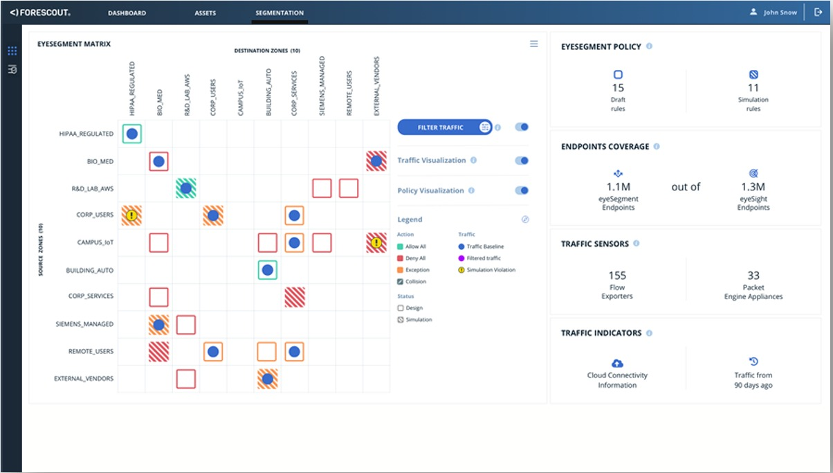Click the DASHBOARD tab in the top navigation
point(127,12)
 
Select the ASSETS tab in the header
point(205,12)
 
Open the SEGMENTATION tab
point(280,12)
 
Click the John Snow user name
point(780,12)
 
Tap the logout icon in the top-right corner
point(818,12)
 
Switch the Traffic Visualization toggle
point(522,161)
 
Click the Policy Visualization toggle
point(522,190)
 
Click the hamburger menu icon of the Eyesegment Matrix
point(533,44)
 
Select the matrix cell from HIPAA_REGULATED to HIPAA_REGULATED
point(131,134)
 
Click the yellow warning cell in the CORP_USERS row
point(131,216)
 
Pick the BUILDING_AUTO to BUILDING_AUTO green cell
point(267,270)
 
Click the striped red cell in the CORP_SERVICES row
point(295,297)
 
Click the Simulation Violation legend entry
point(491,270)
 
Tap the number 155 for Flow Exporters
point(617,276)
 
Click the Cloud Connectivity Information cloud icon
point(617,363)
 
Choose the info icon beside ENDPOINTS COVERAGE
point(657,147)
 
